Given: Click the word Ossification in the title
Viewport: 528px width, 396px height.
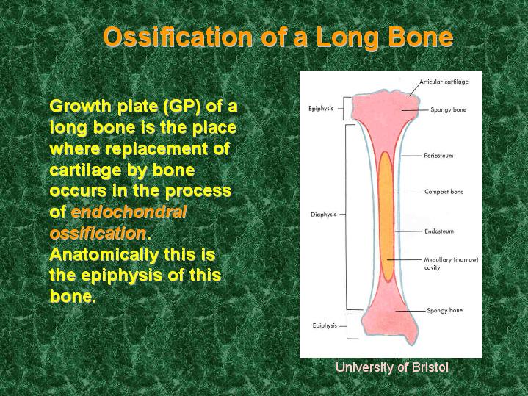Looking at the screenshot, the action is point(178,37).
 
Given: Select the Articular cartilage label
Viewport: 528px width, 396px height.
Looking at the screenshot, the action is point(444,82).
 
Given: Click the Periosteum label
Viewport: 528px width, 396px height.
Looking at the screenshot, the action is point(438,156).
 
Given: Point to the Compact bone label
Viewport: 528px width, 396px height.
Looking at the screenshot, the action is point(444,192).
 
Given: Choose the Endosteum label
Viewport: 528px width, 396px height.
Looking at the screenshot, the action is point(439,231).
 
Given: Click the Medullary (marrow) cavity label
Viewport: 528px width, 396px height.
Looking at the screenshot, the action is point(451,264).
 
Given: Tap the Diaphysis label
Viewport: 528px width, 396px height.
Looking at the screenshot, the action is point(323,215).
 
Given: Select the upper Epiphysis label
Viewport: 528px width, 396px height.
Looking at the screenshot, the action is point(321,109).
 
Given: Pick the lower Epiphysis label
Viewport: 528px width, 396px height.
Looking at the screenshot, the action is point(325,326).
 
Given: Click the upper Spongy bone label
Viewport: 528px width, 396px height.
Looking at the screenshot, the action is point(449,110).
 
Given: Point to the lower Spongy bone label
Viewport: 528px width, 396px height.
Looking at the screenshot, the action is point(445,310).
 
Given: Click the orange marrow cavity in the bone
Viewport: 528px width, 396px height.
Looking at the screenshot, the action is point(386,216).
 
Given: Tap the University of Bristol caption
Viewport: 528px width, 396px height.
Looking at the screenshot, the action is point(392,367).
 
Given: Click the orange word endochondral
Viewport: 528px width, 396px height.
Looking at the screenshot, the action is point(129,212).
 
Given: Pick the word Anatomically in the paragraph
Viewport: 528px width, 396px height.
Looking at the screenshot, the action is point(104,255).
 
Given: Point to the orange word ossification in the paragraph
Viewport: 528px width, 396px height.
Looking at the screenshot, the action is point(98,233).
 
